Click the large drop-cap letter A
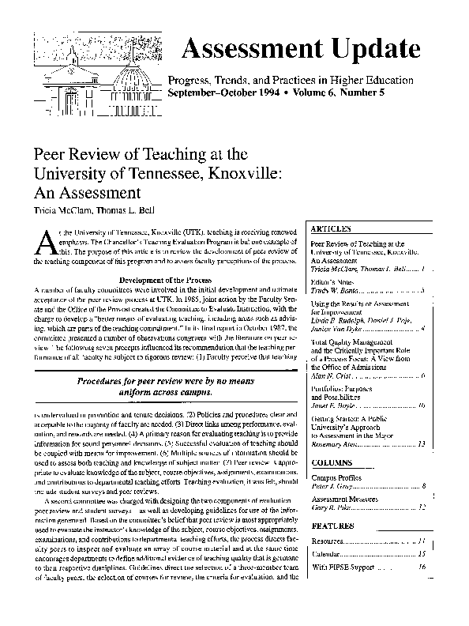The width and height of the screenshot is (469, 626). pos(46,237)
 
